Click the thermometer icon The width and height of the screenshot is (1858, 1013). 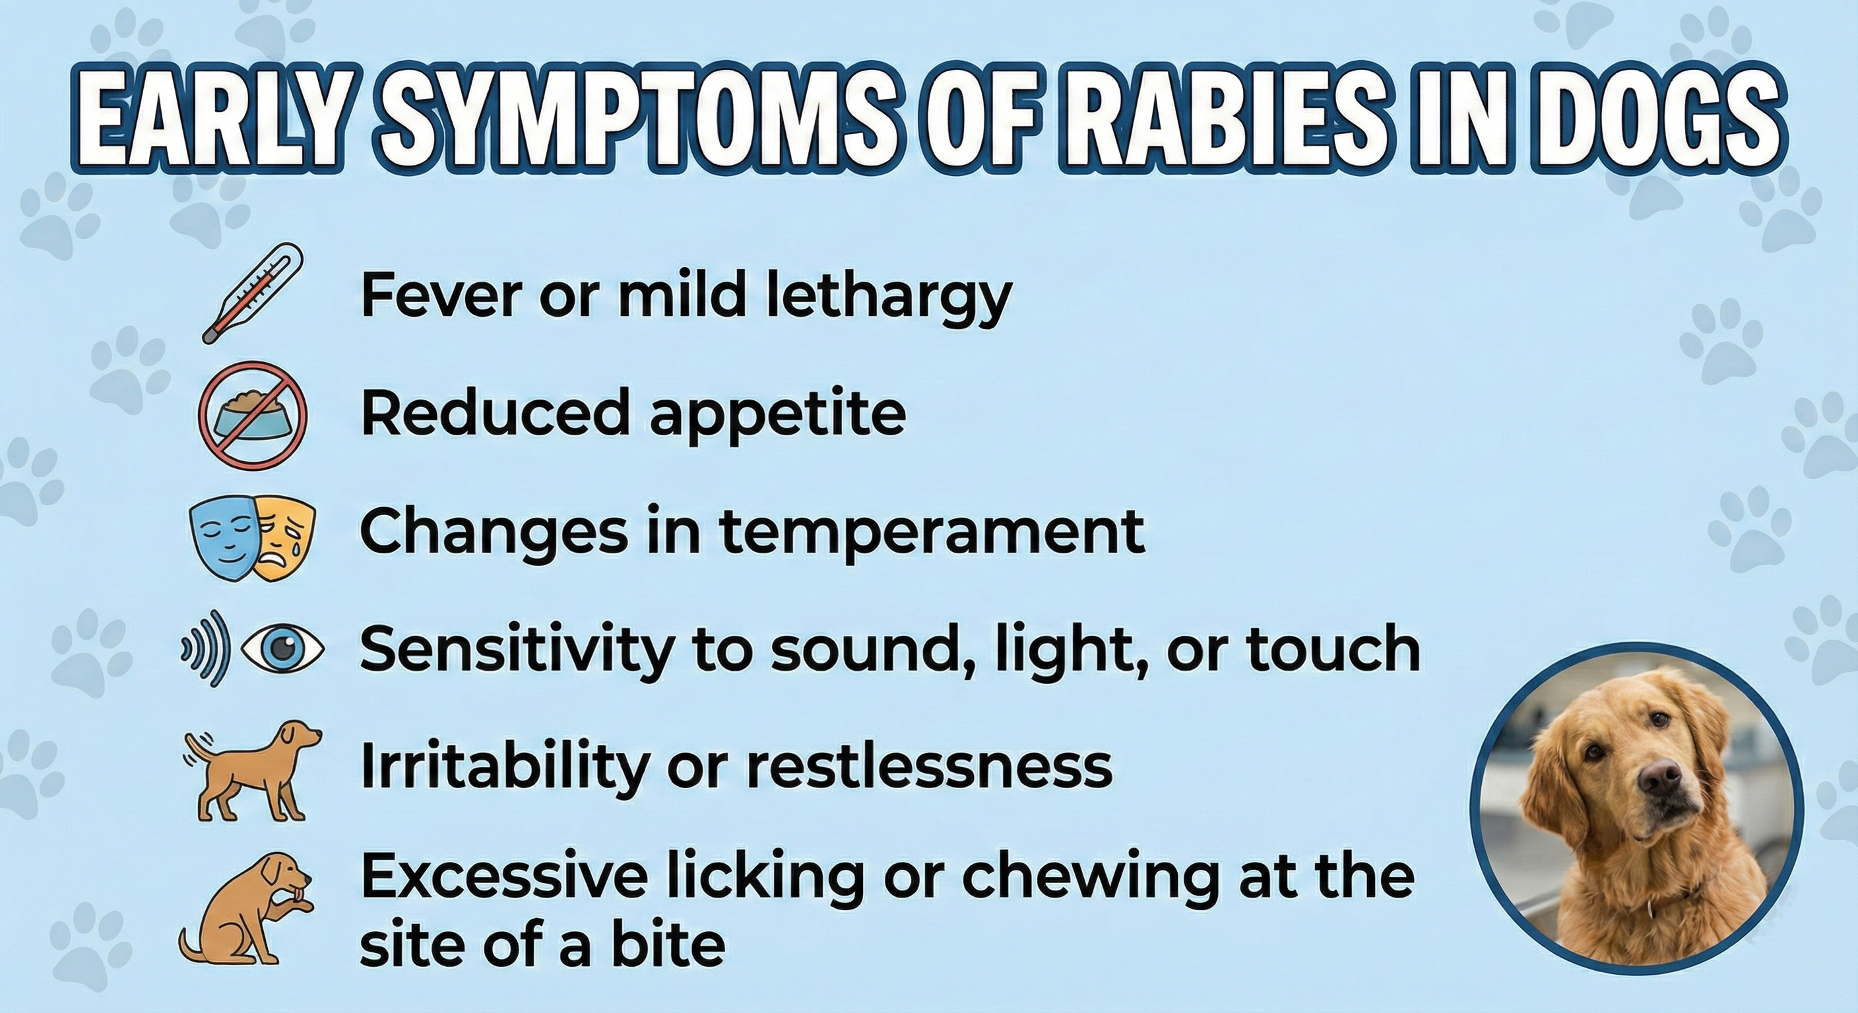click(253, 293)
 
